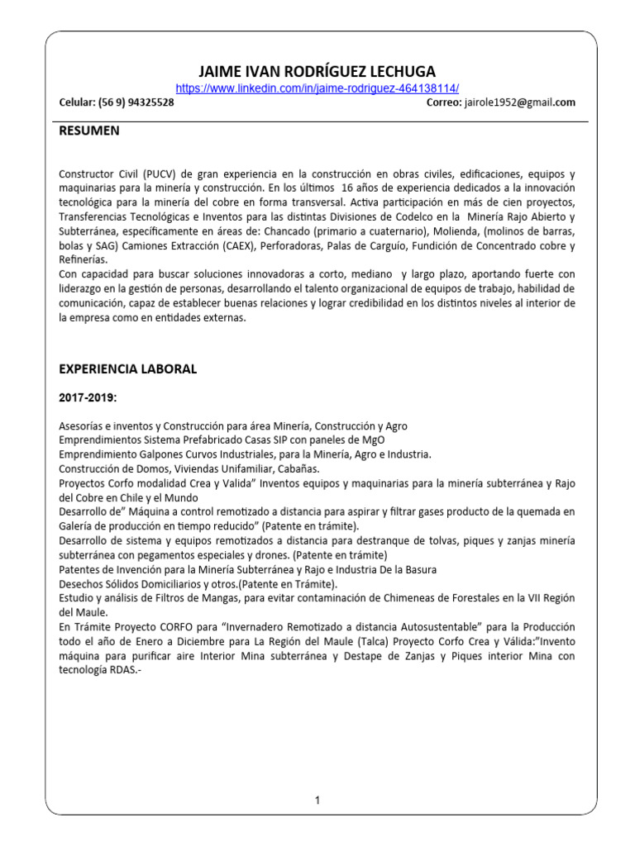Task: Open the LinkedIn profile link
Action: point(318,88)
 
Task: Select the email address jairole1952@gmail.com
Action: point(520,102)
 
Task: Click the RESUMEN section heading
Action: point(88,131)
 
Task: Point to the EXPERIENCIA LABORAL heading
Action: point(127,369)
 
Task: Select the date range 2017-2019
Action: point(88,398)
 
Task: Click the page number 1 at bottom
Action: point(317,800)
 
